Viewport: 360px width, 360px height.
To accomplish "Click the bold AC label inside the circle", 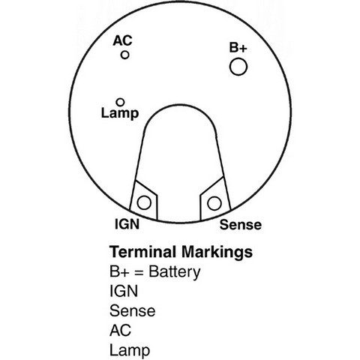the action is click(x=122, y=40).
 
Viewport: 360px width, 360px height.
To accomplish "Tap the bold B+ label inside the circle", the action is click(x=238, y=47).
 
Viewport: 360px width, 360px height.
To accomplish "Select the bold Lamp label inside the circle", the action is click(x=120, y=114).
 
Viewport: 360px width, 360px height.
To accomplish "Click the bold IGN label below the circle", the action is click(x=127, y=224).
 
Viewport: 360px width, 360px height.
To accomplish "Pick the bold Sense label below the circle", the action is click(x=241, y=224).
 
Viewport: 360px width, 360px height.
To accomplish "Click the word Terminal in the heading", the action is click(x=142, y=251).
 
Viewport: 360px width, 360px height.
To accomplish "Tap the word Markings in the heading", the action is click(x=217, y=253).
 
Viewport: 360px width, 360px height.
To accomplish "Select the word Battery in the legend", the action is click(x=175, y=272).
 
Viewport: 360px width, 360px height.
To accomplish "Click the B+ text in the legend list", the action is click(x=119, y=271).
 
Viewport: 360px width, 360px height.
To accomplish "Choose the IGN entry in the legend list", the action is click(x=124, y=291).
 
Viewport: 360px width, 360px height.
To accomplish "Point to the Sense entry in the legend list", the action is click(x=133, y=310).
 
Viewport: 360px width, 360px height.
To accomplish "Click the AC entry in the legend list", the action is click(x=120, y=330).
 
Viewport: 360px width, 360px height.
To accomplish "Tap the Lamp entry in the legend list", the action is click(x=130, y=351).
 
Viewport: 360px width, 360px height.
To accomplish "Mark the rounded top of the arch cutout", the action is click(x=180, y=104).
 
